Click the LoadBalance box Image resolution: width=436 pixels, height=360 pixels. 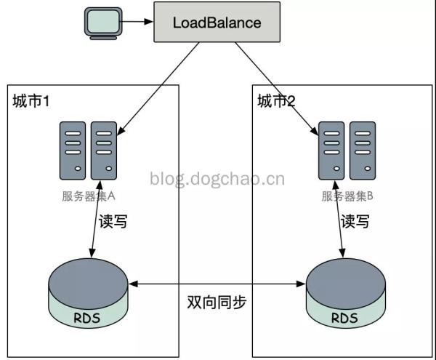pyautogui.click(x=217, y=23)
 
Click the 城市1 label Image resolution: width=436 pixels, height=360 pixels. pyautogui.click(x=31, y=102)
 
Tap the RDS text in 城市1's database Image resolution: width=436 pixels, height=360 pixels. pyautogui.click(x=86, y=317)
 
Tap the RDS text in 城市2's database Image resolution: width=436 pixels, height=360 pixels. pyautogui.click(x=344, y=317)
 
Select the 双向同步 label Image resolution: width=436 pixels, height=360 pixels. pyautogui.click(x=217, y=303)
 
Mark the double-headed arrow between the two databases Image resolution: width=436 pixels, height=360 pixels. pyautogui.click(x=217, y=284)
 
